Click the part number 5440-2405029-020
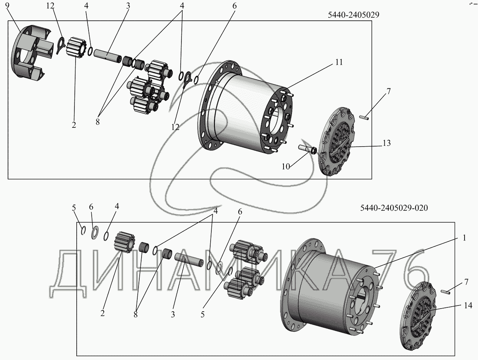(x=394, y=208)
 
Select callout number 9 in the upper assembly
(x=7, y=6)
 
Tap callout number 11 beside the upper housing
(x=339, y=62)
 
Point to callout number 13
(x=387, y=143)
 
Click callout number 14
(x=468, y=306)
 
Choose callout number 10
(x=286, y=167)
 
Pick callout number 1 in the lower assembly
(x=464, y=238)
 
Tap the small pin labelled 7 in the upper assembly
(x=364, y=117)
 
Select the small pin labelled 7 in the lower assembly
(x=446, y=292)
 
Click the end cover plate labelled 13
(x=337, y=141)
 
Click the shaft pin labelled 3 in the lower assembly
(x=189, y=259)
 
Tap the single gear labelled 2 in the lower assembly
(x=124, y=243)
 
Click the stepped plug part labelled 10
(x=308, y=149)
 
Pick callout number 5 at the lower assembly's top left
(x=74, y=208)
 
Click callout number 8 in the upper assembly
(x=97, y=122)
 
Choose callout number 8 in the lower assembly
(x=135, y=314)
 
